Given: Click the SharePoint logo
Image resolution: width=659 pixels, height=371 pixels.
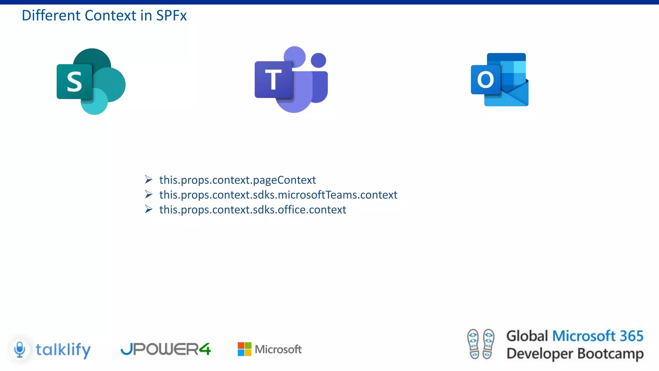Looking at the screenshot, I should pos(91,81).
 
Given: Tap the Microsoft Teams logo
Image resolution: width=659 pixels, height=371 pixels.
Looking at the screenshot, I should pos(291,80).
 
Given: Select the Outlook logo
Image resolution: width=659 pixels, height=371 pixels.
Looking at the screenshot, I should pos(500,80).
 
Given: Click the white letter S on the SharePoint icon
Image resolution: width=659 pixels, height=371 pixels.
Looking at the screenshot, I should pos(74,82).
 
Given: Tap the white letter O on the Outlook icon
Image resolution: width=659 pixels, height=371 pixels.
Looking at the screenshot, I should pos(485,80).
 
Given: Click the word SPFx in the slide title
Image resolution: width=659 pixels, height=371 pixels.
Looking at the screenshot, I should pos(171,15).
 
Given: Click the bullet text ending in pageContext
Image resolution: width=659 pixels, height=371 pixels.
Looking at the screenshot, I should pos(237,180).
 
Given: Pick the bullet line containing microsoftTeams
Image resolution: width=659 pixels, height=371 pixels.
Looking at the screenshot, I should pos(278,195).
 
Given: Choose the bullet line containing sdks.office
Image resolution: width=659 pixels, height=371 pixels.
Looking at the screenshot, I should pos(253,210).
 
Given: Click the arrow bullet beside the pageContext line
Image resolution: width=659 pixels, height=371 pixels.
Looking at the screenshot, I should pos(148,179).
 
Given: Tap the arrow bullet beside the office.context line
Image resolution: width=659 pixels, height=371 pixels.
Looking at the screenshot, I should pos(148,209).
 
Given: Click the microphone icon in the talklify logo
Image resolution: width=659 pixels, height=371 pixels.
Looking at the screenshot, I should pos(20,349).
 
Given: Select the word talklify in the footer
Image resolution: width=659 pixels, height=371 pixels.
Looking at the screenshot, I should pos(63,350).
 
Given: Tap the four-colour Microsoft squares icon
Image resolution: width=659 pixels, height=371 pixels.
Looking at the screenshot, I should pos(245,349).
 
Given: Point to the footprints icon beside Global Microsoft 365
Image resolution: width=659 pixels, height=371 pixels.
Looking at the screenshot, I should pos(481,344).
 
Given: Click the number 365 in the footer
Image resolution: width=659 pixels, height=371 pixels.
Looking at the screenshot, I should pos(631,336).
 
